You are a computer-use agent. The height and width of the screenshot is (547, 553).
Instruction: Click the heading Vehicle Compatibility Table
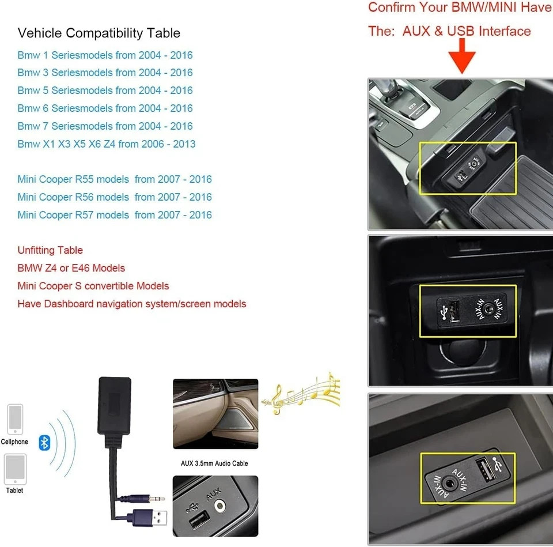99,33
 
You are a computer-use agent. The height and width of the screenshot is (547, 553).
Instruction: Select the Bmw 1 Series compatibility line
105,55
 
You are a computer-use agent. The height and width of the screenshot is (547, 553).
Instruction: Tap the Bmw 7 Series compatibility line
105,126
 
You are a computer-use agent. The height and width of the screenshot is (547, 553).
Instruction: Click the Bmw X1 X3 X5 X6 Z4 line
106,144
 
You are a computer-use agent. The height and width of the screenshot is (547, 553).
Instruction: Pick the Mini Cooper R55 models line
114,179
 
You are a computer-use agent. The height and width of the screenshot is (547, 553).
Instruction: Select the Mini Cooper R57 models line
114,215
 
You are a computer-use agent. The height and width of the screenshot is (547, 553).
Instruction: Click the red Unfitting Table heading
50,250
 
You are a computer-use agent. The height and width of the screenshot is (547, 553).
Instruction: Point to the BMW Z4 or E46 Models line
71,268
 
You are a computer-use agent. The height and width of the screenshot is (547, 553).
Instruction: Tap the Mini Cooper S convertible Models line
93,286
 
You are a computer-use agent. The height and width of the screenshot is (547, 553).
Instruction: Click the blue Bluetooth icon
44,443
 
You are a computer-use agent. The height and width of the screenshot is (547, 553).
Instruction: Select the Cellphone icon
15,420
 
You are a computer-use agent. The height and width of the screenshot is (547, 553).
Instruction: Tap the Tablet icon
15,469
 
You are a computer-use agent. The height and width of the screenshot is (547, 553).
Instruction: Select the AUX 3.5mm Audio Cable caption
214,463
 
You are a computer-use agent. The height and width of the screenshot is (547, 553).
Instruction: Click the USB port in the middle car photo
448,312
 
